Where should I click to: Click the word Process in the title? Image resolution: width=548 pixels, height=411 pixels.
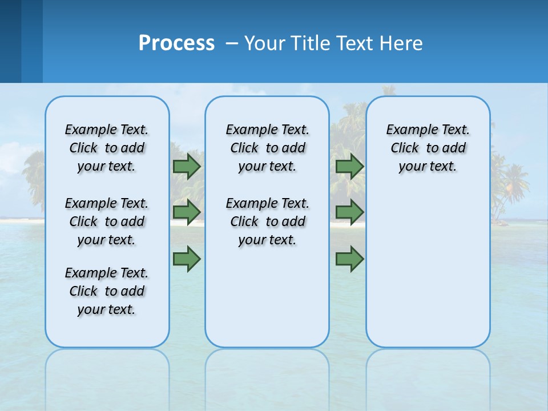(x=176, y=43)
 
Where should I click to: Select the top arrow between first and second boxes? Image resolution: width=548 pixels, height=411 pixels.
(x=187, y=166)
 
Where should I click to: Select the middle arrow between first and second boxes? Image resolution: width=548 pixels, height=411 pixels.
(x=187, y=212)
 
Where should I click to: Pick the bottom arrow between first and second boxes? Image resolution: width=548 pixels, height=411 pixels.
(x=187, y=259)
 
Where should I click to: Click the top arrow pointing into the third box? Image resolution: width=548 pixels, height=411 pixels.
(x=349, y=166)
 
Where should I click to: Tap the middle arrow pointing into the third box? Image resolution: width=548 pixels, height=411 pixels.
(x=349, y=212)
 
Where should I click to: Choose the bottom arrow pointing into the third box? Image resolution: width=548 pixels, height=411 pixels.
(x=349, y=259)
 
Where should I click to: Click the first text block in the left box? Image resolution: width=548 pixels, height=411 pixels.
(x=107, y=148)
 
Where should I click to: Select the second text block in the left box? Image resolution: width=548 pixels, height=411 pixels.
(x=107, y=221)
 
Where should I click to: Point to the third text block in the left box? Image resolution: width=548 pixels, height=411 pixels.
(x=107, y=291)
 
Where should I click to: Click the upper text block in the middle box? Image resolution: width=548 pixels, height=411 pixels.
(x=267, y=148)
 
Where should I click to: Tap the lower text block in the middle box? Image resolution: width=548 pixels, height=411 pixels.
(x=267, y=221)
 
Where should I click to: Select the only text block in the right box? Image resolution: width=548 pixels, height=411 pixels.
(x=428, y=148)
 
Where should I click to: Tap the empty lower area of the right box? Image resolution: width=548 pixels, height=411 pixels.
(x=428, y=274)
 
